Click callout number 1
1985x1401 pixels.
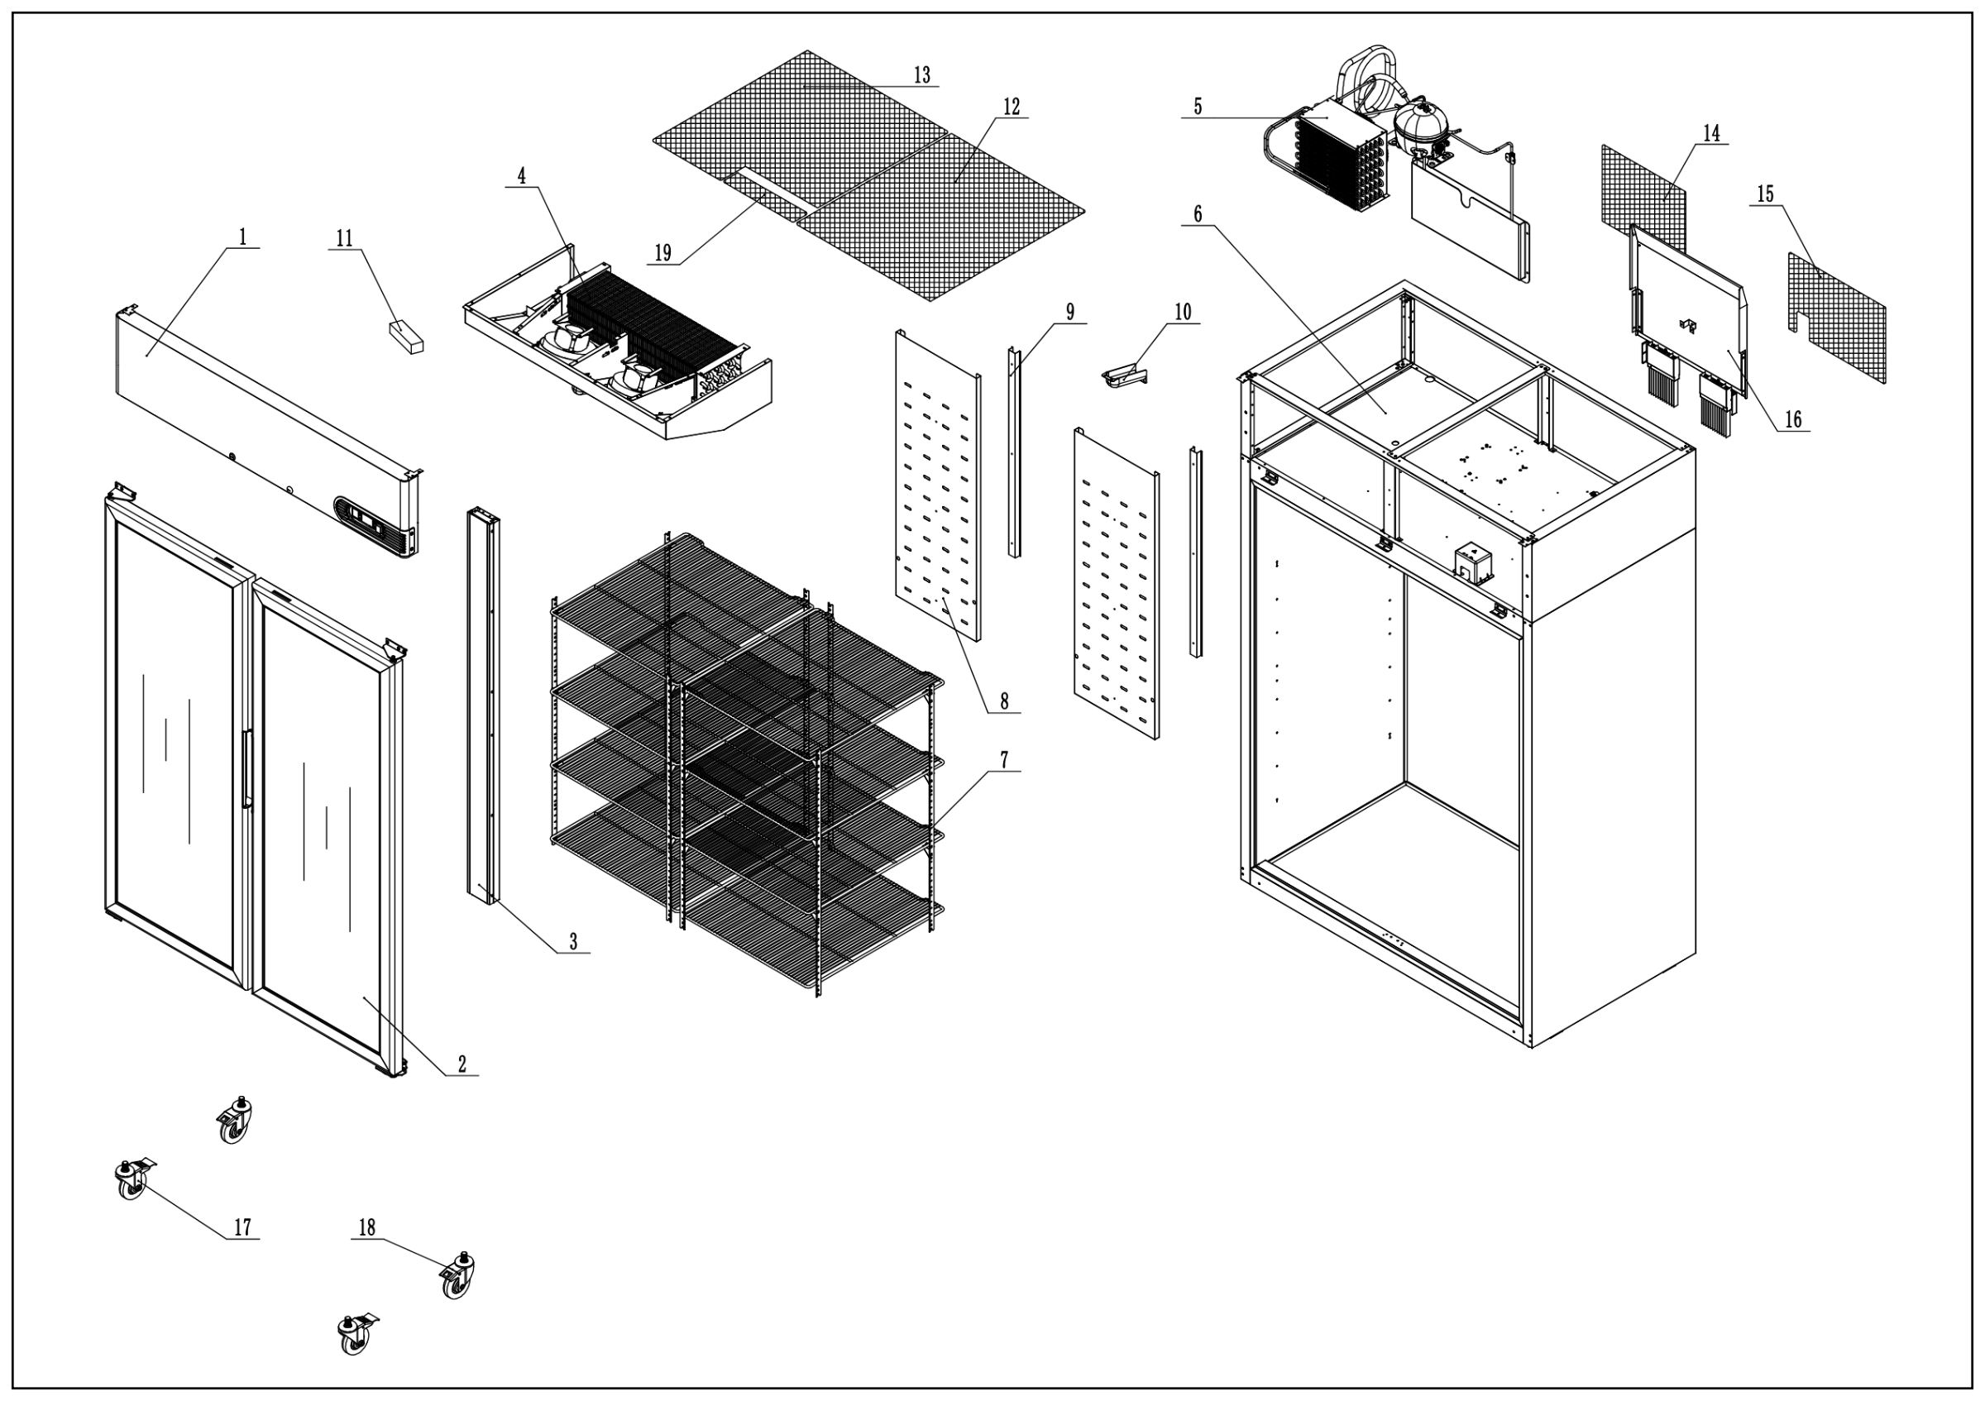point(243,237)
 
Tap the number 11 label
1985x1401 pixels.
point(344,238)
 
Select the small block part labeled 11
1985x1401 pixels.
point(405,337)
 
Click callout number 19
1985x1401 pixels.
point(663,253)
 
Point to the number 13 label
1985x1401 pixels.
point(921,75)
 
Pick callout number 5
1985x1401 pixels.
point(1198,107)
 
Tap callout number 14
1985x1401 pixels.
point(1712,133)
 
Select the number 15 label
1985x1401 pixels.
point(1765,194)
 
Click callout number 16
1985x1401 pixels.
point(1793,419)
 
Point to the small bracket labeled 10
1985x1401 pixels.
point(1124,374)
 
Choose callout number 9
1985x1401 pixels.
point(1070,312)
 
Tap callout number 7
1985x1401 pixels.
point(1004,760)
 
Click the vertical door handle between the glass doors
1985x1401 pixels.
point(246,768)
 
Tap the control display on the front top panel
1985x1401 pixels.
point(370,521)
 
